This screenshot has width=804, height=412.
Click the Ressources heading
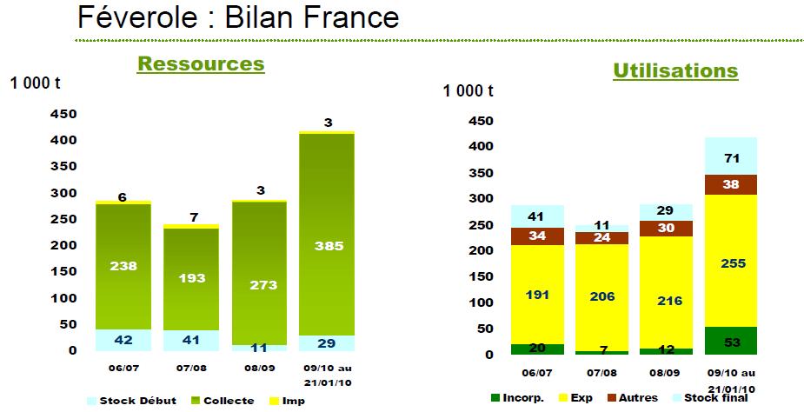coord(201,64)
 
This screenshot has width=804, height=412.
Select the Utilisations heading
coord(675,70)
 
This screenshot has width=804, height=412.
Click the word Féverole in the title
coord(137,17)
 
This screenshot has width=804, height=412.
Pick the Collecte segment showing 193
coord(191,279)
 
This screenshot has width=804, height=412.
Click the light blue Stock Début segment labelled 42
coord(123,340)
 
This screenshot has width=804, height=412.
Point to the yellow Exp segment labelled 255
coord(731,261)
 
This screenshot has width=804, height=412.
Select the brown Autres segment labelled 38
coord(731,185)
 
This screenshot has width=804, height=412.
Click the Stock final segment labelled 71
coord(731,156)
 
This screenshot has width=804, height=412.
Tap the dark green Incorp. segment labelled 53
coord(731,341)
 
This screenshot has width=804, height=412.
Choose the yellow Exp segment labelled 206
coord(602,297)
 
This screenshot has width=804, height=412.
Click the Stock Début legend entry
coord(131,402)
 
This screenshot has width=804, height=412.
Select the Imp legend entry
coord(286,402)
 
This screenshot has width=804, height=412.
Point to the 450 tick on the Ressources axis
coord(63,114)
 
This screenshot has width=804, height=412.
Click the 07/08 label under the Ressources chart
coord(191,369)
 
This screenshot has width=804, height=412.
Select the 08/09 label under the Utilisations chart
coord(666,373)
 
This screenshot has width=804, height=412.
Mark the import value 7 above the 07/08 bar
coord(193,217)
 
